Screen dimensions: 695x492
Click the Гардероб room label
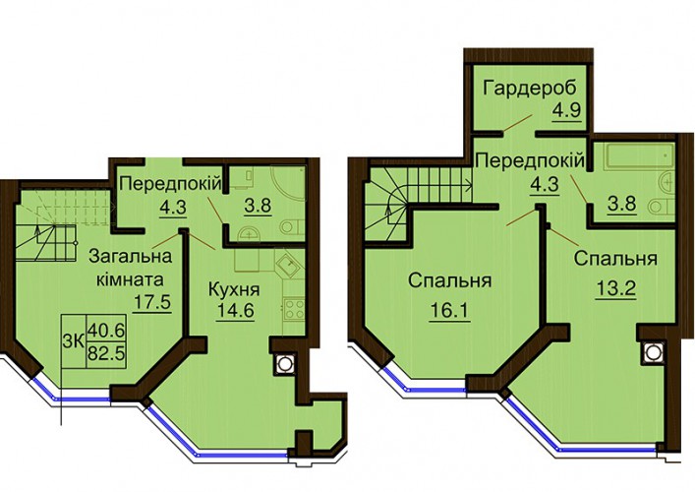click(x=530, y=89)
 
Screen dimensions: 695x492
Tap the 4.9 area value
click(x=566, y=109)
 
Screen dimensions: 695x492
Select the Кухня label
click(x=234, y=290)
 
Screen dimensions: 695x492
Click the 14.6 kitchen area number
click(x=235, y=311)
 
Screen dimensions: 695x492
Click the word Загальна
click(x=131, y=257)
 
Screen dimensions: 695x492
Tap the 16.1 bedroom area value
click(x=449, y=311)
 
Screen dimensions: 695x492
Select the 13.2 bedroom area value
click(x=616, y=289)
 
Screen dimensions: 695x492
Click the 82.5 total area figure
click(x=106, y=354)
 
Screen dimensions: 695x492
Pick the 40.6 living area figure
click(x=106, y=330)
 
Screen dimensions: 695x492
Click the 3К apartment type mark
click(x=74, y=342)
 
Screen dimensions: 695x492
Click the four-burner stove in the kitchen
click(x=293, y=309)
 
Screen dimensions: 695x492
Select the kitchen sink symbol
click(x=289, y=267)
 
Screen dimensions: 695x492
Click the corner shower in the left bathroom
click(x=288, y=185)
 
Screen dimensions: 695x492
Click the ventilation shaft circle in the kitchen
click(x=284, y=364)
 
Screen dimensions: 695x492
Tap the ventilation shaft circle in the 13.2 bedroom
click(x=652, y=352)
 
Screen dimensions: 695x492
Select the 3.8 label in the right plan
click(x=623, y=205)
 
